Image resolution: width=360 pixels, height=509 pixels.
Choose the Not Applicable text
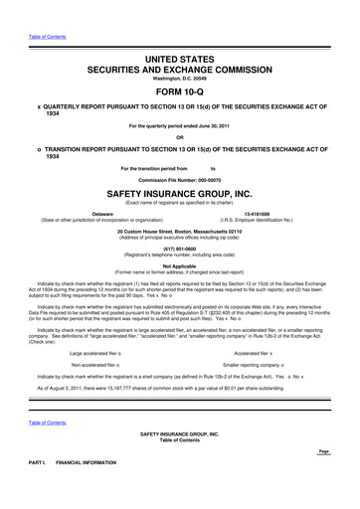pos(179,267)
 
